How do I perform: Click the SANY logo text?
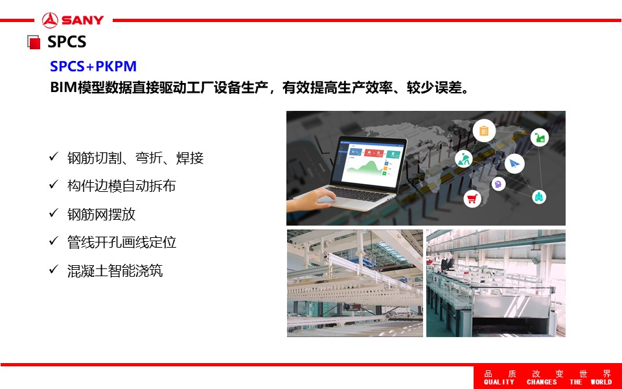pos(82,20)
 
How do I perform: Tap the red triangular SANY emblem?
pos(50,20)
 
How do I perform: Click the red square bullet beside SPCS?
pos(34,43)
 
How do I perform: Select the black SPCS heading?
pos(67,41)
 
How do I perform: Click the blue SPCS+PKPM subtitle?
pos(93,66)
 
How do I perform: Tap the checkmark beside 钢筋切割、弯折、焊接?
pos(54,156)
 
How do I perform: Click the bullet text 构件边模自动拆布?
pos(121,186)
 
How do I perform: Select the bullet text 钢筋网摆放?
pos(102,215)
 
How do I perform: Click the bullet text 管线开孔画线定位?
pos(122,242)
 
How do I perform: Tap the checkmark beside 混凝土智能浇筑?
pos(54,269)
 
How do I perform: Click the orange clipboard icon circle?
pos(484,130)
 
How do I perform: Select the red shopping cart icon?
pos(472,198)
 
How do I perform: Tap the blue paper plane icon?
pos(514,163)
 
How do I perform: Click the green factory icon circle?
pos(540,137)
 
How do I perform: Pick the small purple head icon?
pos(498,183)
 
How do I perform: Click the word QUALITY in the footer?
pos(499,382)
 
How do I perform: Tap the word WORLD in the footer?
pos(601,382)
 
